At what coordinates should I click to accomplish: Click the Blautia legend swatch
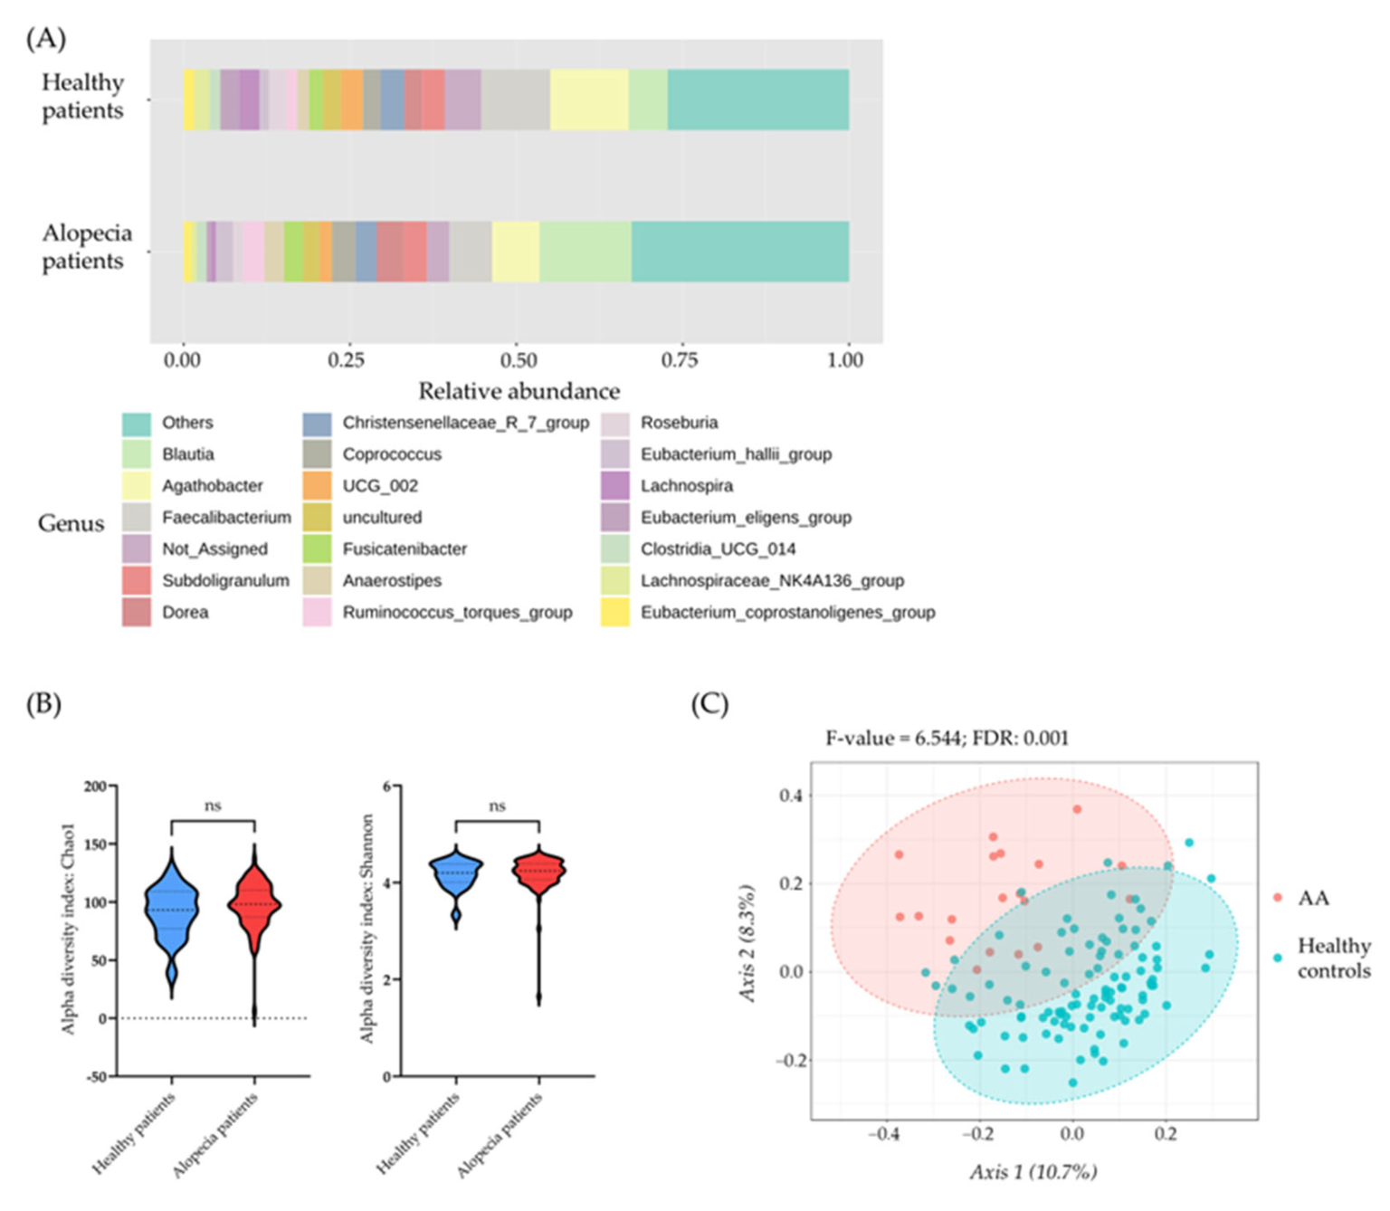point(136,454)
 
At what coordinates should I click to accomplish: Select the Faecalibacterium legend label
point(226,518)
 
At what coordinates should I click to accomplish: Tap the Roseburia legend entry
point(679,423)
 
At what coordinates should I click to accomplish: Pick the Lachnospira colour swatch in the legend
point(614,486)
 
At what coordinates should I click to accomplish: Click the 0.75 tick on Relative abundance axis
point(679,360)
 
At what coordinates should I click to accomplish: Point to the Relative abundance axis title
point(519,391)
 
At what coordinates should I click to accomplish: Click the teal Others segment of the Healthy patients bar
point(757,100)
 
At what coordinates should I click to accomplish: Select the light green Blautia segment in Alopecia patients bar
point(585,252)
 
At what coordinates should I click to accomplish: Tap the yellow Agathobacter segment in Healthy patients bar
point(588,100)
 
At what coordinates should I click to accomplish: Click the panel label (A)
point(46,38)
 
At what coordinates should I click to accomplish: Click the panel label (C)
point(709,704)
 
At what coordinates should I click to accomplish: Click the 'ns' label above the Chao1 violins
point(213,806)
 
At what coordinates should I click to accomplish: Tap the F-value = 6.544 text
point(946,738)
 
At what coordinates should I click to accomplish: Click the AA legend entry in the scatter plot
point(1312,898)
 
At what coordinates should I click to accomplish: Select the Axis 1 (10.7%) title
point(1033,1172)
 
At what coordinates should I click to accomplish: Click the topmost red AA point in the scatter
point(1077,809)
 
